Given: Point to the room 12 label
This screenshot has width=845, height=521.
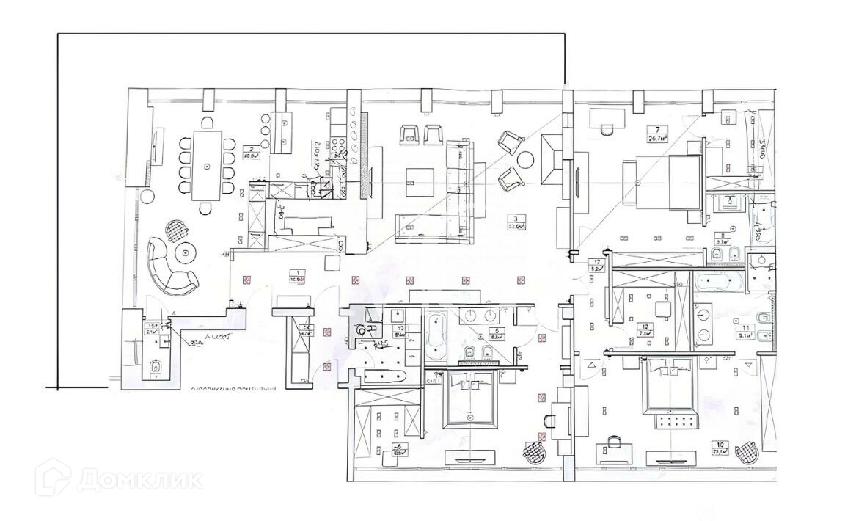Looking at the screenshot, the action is pyautogui.click(x=645, y=327).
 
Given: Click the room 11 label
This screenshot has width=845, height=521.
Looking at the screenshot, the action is pyautogui.click(x=746, y=328).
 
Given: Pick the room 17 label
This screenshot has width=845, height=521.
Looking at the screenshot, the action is pyautogui.click(x=598, y=262).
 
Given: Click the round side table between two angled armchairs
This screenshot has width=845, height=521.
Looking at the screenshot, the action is pyautogui.click(x=525, y=159).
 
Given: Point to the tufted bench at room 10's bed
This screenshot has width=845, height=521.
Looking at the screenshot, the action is pyautogui.click(x=669, y=420).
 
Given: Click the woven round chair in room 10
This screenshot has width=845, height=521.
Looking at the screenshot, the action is pyautogui.click(x=747, y=450).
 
